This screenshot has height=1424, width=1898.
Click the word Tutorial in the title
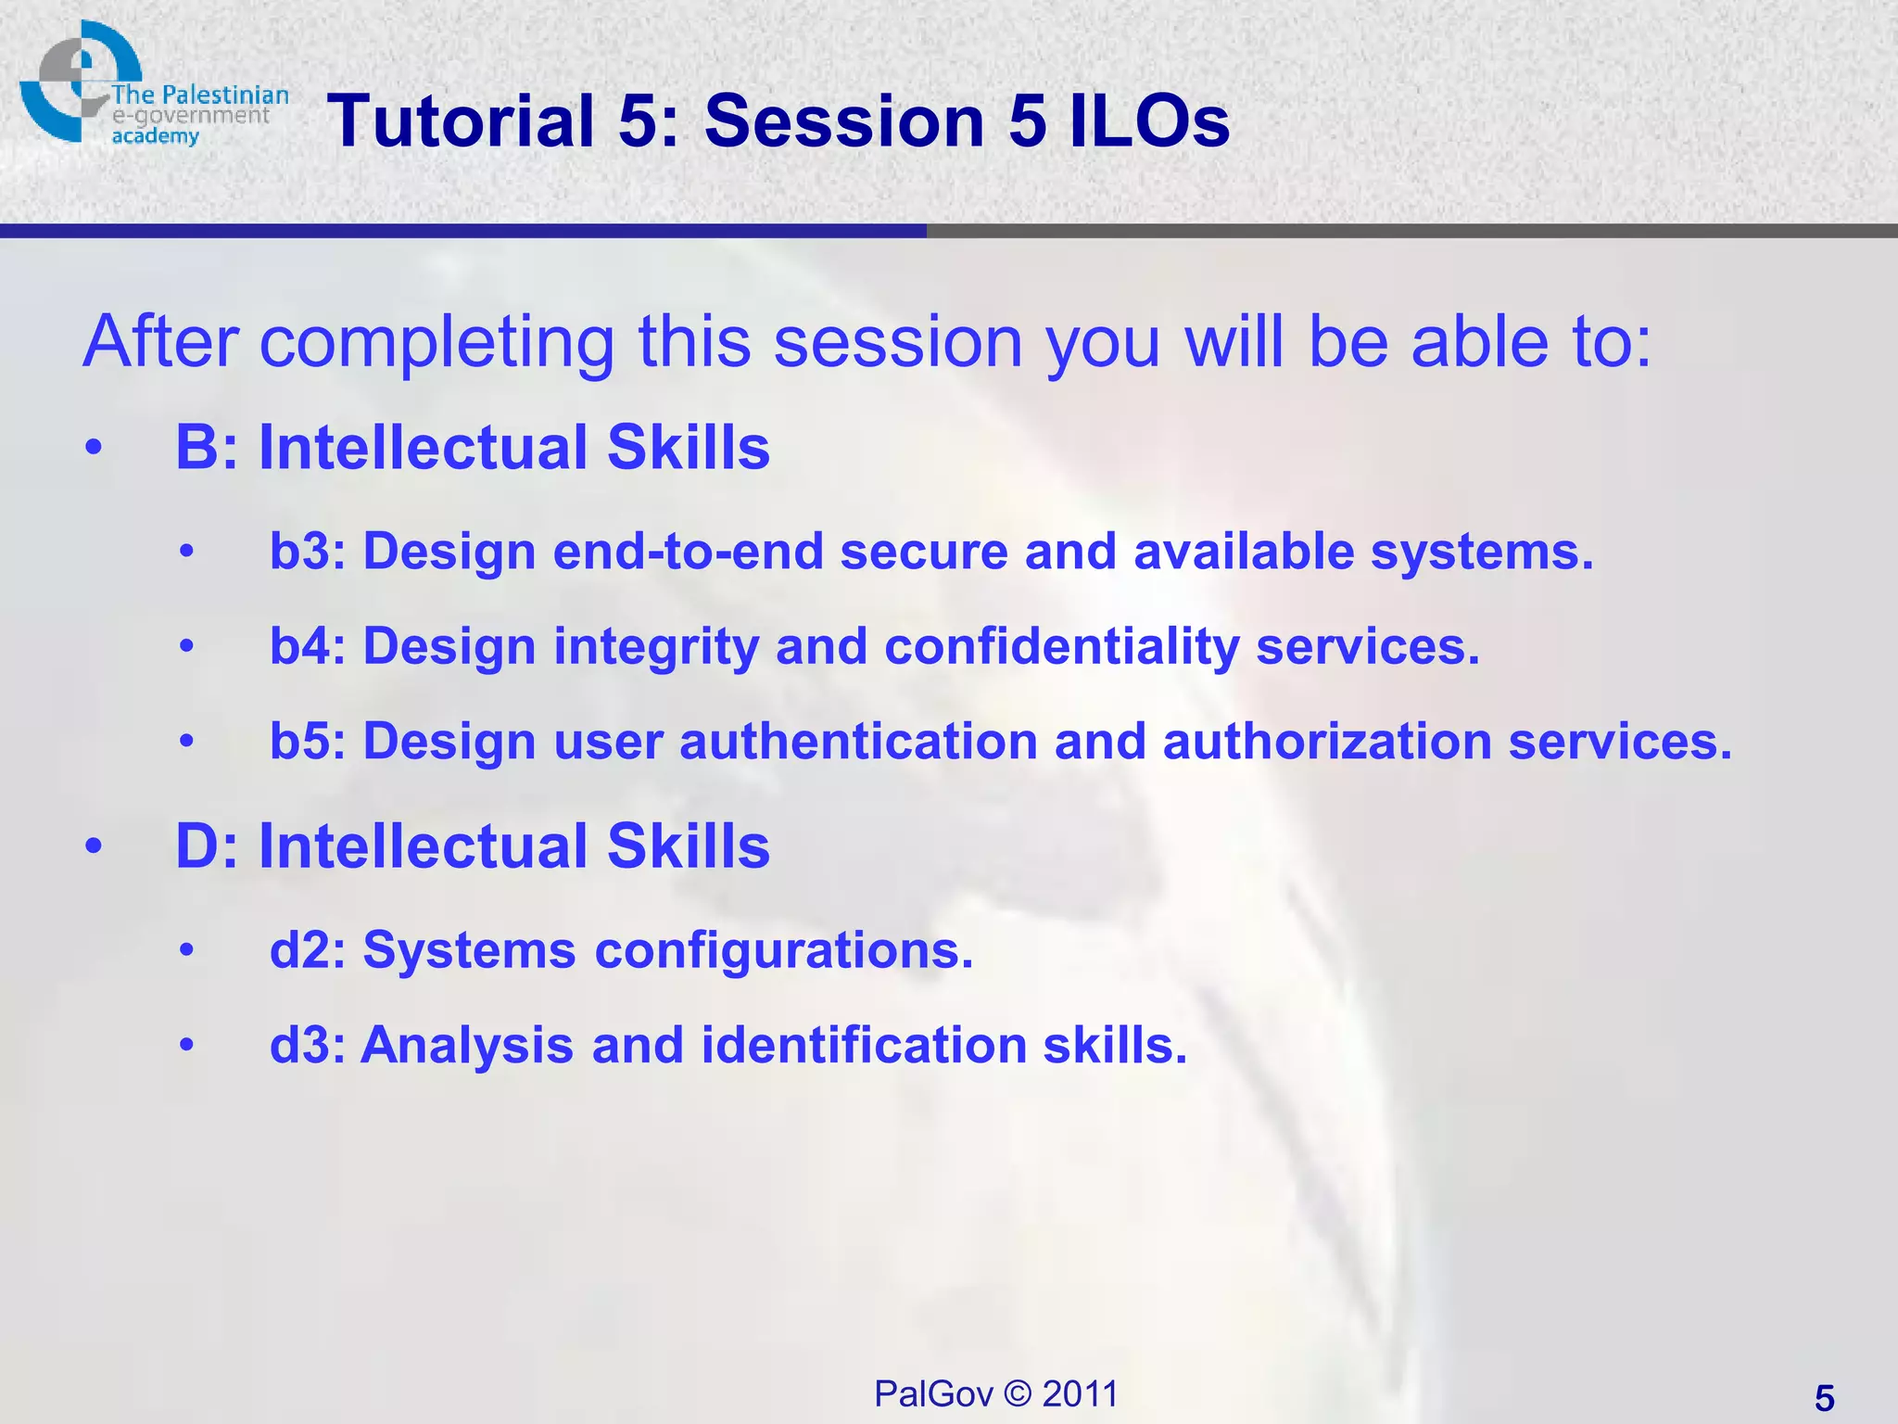pos(460,121)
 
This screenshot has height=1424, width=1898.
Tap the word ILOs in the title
pos(1149,121)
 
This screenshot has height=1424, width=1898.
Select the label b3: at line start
pos(307,552)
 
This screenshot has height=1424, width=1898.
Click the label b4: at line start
pos(307,646)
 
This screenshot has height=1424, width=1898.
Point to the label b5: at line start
pos(307,742)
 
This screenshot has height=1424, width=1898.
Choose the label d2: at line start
pos(307,950)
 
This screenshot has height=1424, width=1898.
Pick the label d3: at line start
pos(307,1045)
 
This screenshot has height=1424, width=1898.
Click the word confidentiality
pos(1061,646)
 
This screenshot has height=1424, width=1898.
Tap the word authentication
pos(858,742)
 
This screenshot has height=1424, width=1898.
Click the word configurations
pos(783,950)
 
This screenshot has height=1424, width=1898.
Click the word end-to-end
pos(688,552)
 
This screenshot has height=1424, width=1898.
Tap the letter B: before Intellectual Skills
pos(206,448)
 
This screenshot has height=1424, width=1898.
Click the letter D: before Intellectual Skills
pos(206,846)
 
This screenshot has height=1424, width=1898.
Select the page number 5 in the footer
pos(1824,1398)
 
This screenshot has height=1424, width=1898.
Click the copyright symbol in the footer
pos(1018,1393)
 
